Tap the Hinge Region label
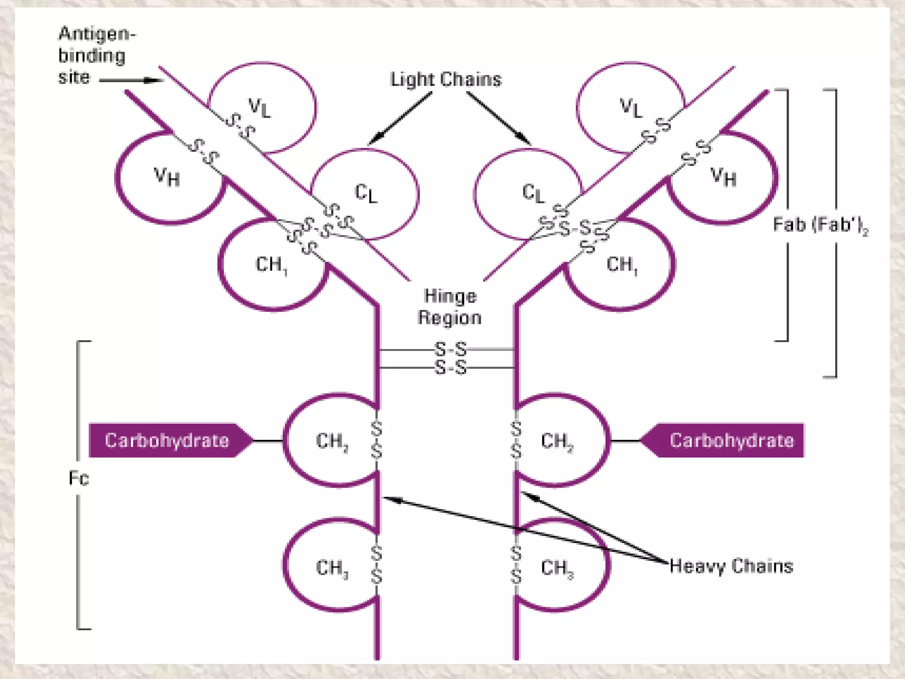(449, 307)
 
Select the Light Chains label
(446, 80)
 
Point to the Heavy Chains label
(731, 566)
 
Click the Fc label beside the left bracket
(79, 478)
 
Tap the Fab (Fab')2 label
(820, 225)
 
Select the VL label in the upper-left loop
(259, 107)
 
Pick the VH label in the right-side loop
(723, 177)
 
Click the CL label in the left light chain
(366, 194)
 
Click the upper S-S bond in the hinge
(450, 349)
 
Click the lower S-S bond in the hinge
(450, 367)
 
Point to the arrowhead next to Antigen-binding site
(155, 80)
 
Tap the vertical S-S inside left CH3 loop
(376, 565)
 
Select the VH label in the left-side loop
(167, 177)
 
